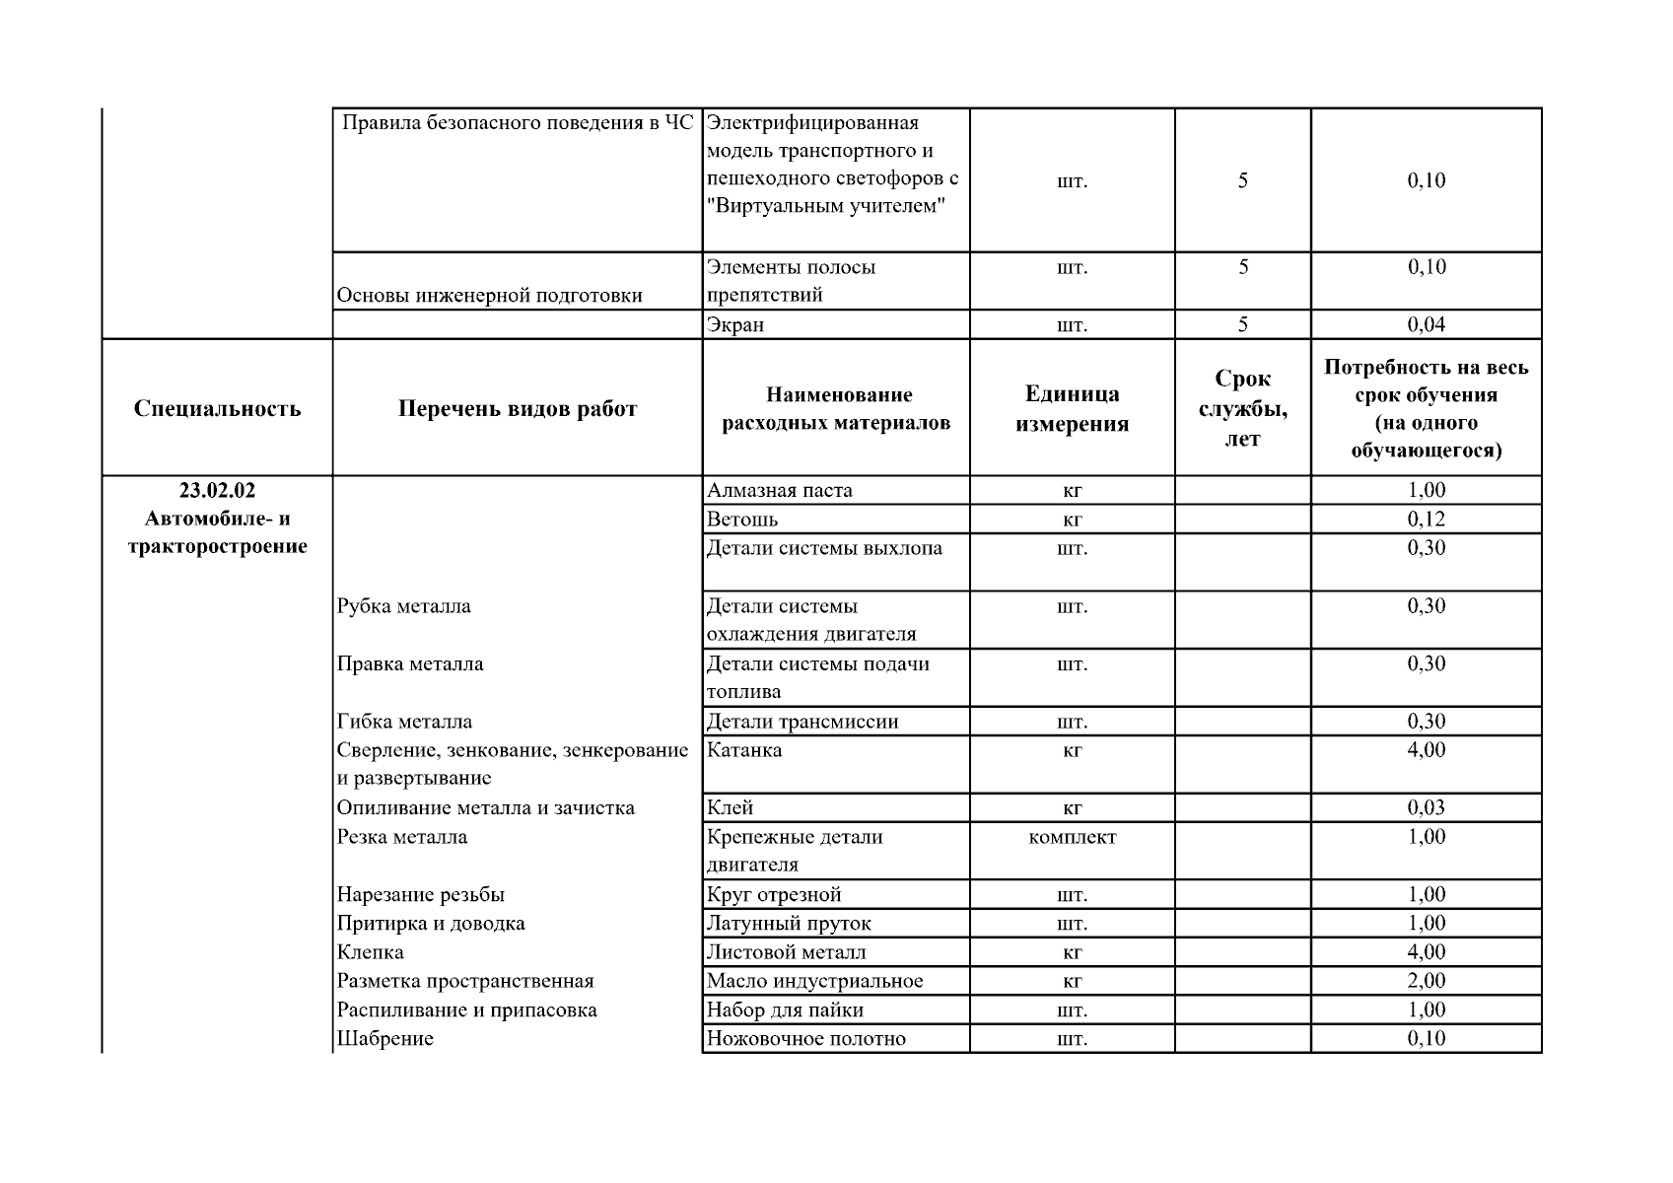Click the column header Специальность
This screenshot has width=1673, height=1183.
217,408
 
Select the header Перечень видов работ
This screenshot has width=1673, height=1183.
518,408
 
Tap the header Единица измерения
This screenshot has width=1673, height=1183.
1072,408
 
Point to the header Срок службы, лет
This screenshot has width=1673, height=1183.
1242,408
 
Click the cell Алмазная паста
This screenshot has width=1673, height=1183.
779,490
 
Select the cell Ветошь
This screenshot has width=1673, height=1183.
741,519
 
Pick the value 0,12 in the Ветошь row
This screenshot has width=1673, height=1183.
1426,519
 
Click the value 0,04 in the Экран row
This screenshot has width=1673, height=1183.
1426,324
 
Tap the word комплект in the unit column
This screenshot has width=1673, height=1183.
1072,837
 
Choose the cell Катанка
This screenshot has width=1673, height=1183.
744,750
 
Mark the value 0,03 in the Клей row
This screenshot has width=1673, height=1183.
1426,807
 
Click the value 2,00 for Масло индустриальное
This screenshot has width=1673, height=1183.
1426,981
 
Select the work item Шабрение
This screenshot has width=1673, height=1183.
384,1038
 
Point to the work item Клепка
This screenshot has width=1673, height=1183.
370,952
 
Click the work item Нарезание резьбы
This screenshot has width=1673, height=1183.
420,894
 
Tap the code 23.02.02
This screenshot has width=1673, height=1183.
217,490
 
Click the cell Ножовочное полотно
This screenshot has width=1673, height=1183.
805,1038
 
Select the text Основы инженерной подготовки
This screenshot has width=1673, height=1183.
489,295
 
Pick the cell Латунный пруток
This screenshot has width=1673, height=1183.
789,924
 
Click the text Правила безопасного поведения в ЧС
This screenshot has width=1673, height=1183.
517,123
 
